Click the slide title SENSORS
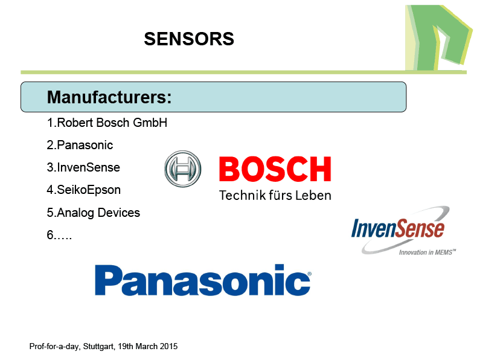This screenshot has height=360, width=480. point(189,39)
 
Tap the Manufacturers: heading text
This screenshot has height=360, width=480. point(109,97)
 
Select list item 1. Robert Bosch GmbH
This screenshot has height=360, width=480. point(107,123)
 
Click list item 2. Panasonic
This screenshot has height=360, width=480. point(80,145)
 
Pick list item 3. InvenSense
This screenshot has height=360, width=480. point(83,167)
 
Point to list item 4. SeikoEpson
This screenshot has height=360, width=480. point(83,190)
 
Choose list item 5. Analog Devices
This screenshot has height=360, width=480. point(94,213)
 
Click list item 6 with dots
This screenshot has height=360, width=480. point(59,235)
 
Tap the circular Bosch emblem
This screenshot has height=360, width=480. point(183,169)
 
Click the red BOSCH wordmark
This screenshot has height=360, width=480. point(275,169)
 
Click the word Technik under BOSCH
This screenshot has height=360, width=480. point(242,195)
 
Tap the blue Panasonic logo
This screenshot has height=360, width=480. point(203,280)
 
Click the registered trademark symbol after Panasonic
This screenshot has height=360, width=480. point(309,274)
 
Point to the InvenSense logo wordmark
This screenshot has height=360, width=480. point(398,228)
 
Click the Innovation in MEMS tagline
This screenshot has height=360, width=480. point(427,252)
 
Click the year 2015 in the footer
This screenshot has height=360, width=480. point(169,346)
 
